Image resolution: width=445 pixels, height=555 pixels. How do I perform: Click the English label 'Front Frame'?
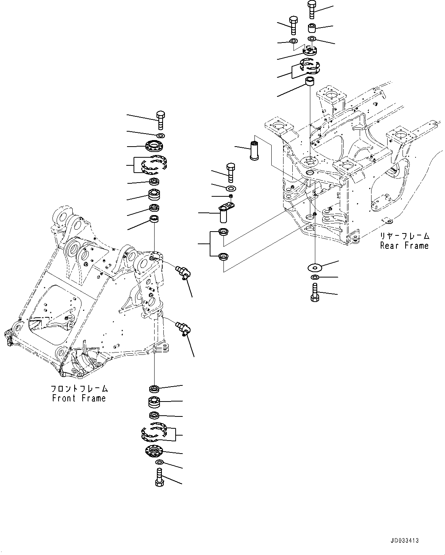coord(79,398)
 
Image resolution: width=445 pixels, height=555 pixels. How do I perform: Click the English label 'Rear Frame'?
coord(404,245)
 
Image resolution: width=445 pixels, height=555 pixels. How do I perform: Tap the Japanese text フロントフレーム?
coord(79,388)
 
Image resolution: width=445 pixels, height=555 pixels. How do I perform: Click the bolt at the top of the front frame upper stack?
coord(160,120)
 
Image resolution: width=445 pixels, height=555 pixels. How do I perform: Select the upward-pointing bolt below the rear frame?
coord(315,292)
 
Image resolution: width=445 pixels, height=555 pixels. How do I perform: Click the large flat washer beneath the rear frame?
coord(315,267)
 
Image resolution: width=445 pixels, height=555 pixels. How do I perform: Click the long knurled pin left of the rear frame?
coord(254,150)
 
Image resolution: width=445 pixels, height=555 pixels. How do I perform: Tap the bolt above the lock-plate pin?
coord(231,172)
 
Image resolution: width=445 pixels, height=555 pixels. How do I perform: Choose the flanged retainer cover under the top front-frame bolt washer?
coord(155,147)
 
